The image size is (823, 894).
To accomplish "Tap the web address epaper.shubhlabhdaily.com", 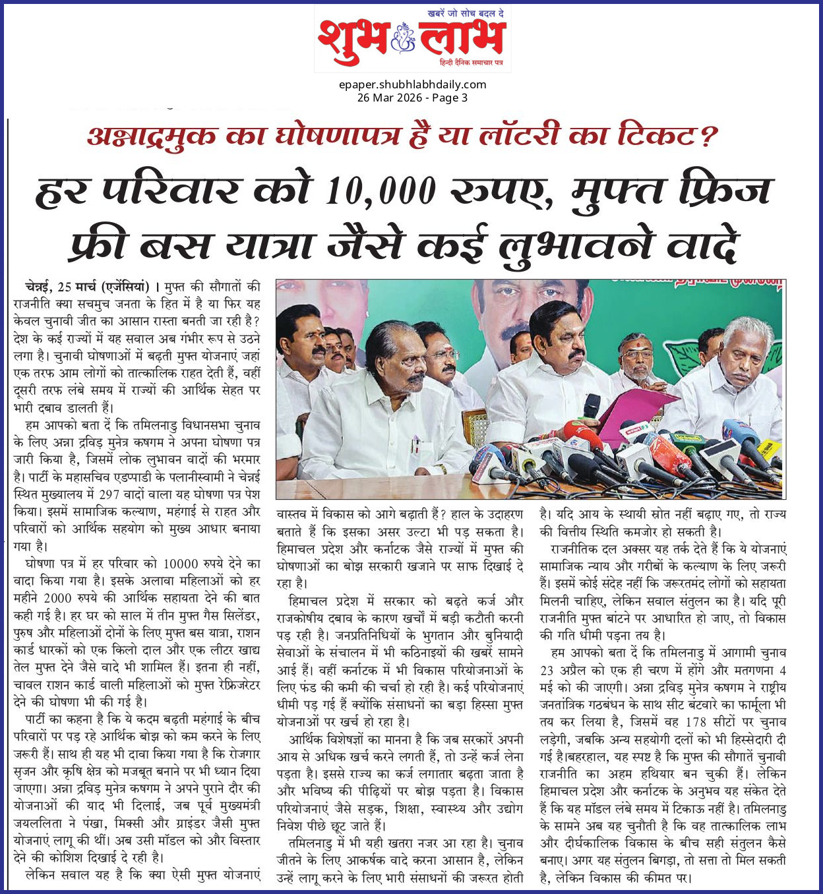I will [x=412, y=84].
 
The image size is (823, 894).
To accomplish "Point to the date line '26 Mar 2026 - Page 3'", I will [x=412, y=98].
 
